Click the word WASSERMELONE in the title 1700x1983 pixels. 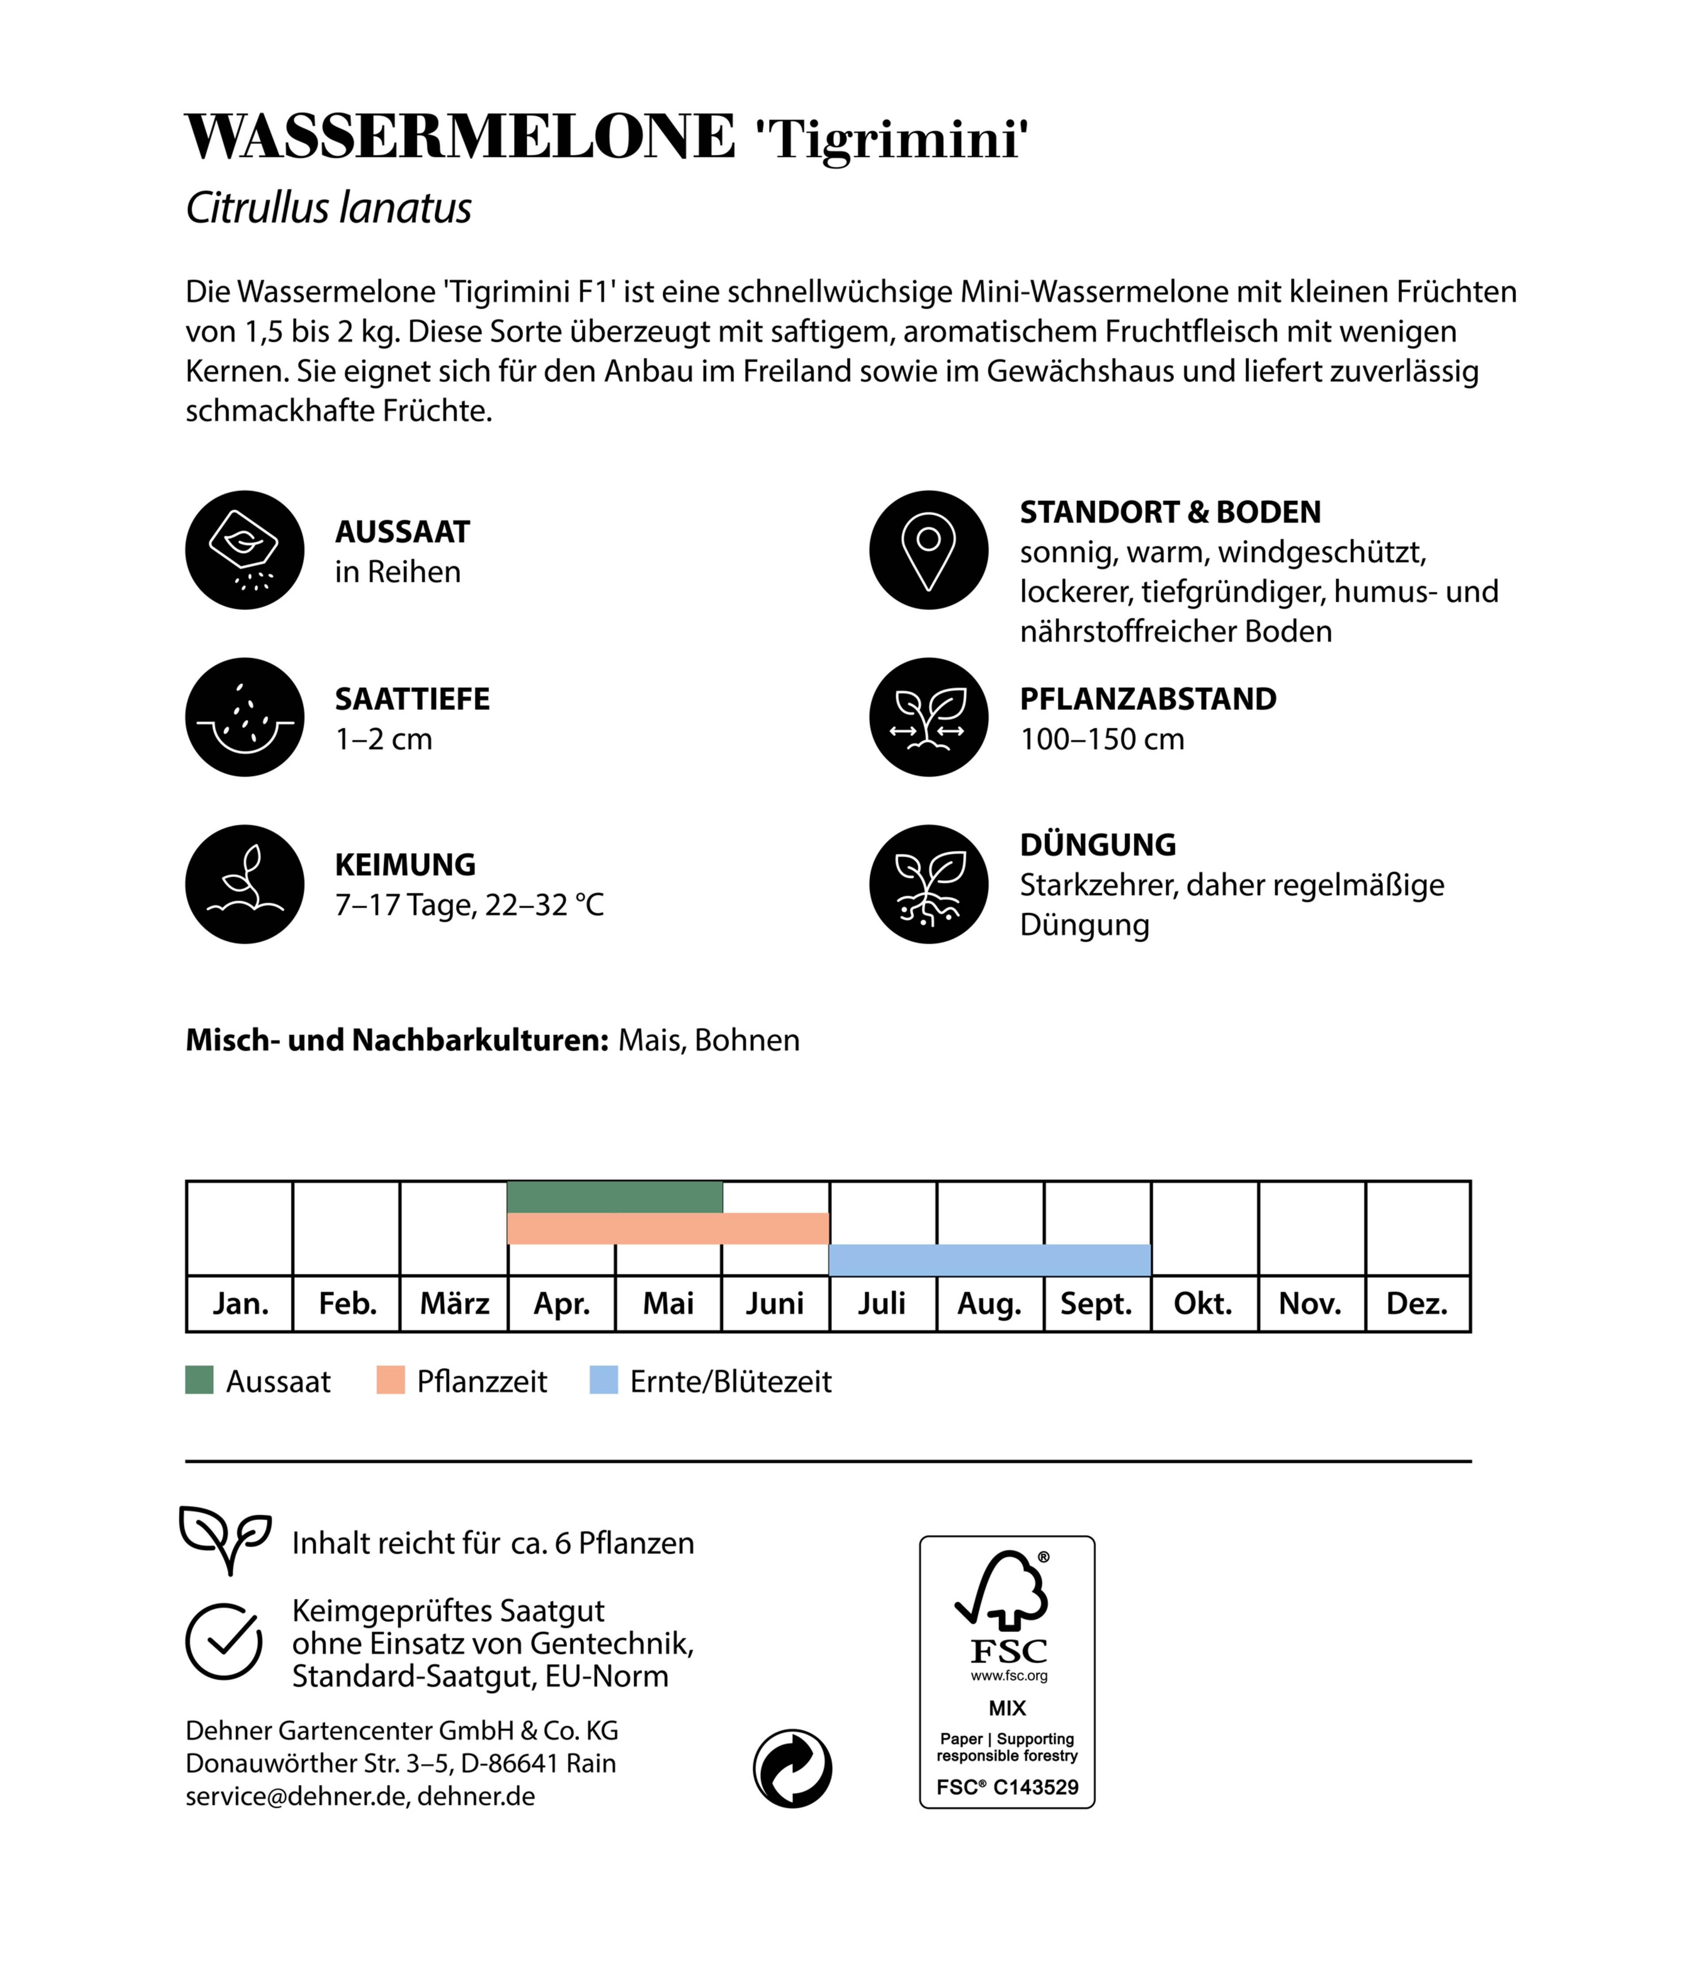click(460, 137)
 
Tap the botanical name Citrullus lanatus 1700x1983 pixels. click(328, 208)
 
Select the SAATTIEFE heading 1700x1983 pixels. click(412, 698)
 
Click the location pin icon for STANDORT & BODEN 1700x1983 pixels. click(928, 550)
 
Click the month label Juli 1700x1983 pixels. click(881, 1304)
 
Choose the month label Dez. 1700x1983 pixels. click(1417, 1304)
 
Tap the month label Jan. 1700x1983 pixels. click(240, 1304)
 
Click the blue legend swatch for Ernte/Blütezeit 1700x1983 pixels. click(603, 1380)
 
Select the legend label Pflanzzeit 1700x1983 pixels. click(482, 1381)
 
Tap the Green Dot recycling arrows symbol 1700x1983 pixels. click(792, 1769)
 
